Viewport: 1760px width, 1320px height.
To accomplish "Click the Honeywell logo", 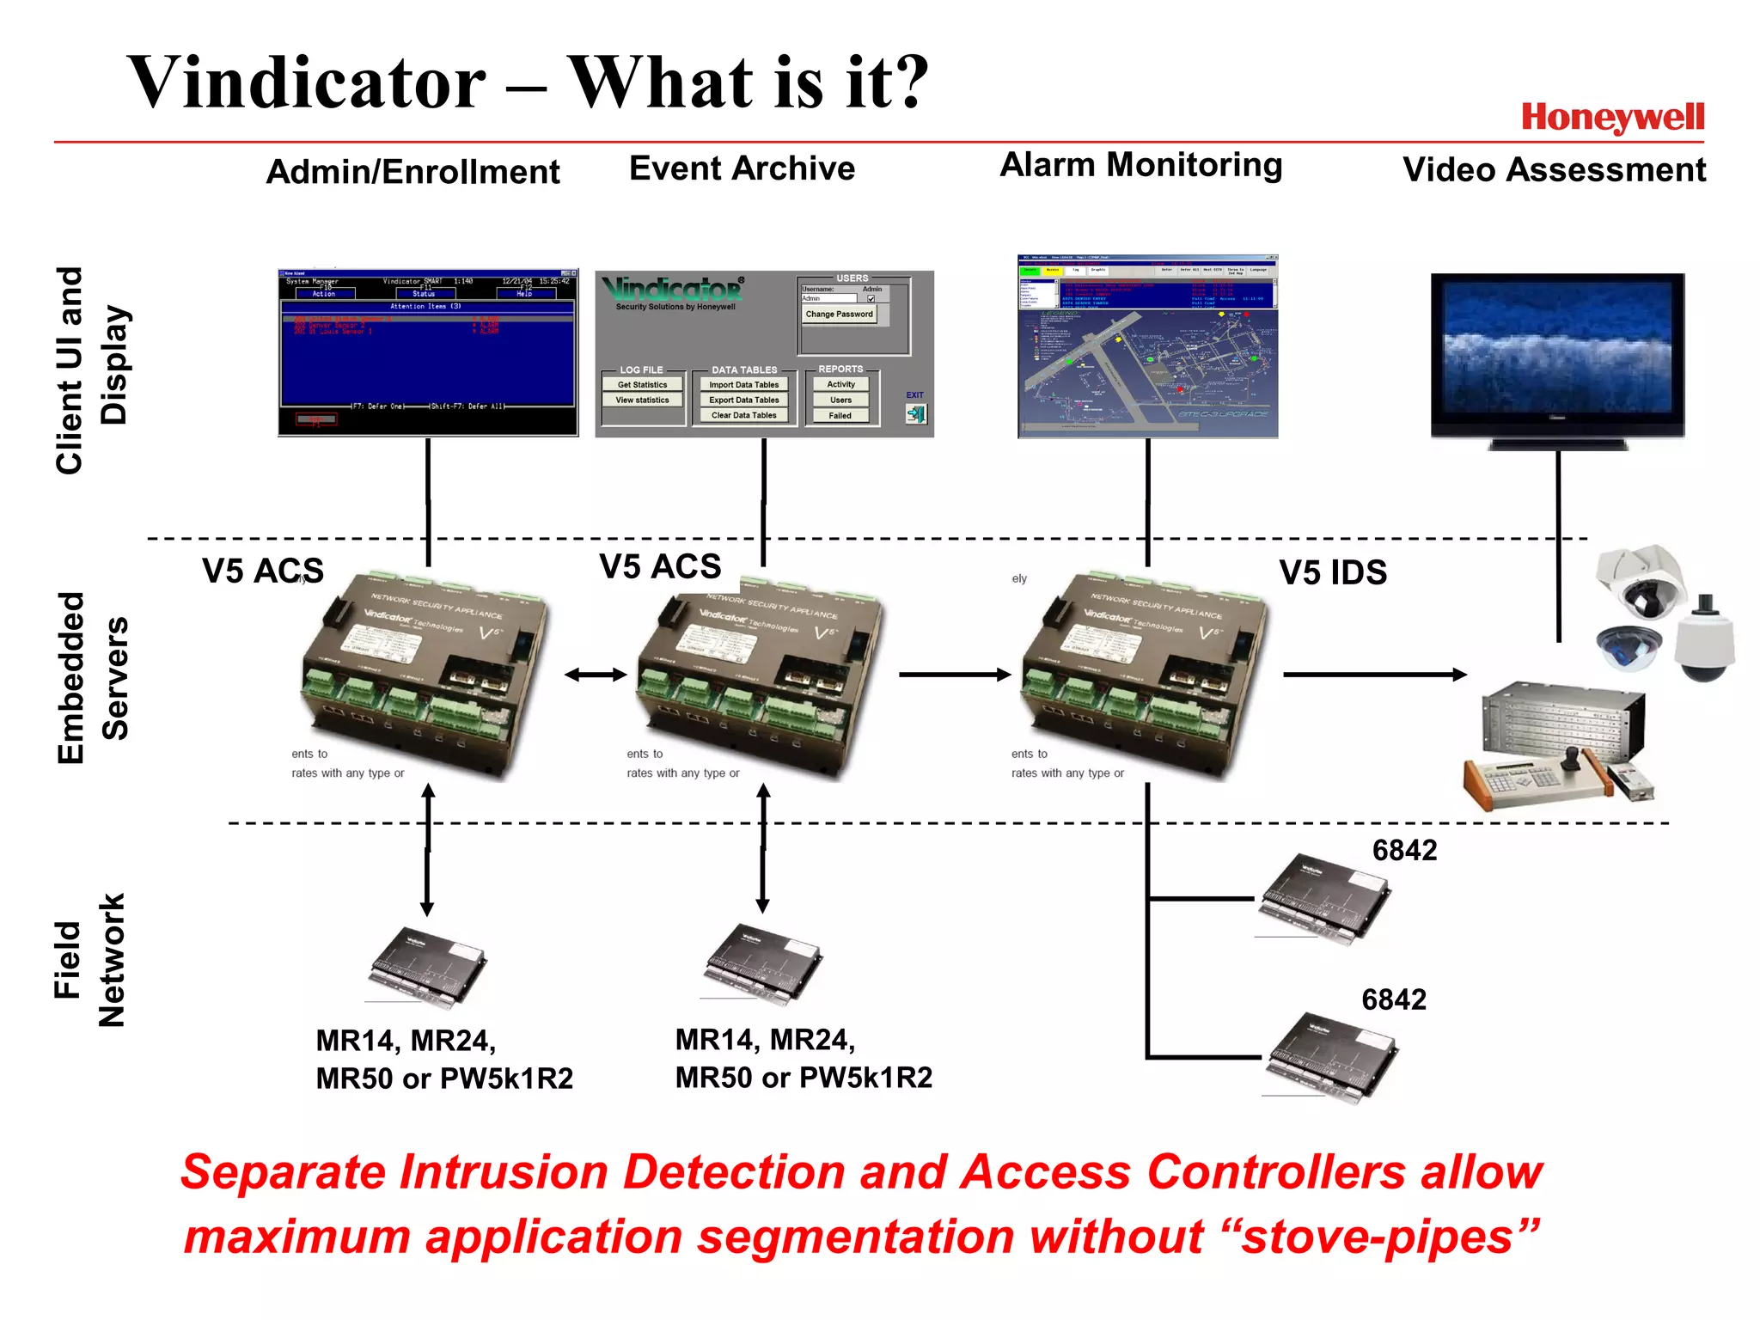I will [x=1612, y=118].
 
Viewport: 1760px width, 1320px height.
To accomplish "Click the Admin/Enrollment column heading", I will [x=412, y=172].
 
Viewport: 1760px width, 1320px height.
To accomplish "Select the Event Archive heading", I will [x=742, y=168].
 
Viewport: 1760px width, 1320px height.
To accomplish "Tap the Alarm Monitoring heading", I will [x=1140, y=165].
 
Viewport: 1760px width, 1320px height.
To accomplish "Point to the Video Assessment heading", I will [x=1554, y=170].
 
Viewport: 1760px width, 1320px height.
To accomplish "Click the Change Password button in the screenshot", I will [x=839, y=315].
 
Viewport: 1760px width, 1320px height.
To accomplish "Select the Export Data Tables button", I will [x=744, y=400].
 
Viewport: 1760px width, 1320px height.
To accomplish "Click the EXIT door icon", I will [x=916, y=414].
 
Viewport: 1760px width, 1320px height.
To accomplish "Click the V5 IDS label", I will [x=1333, y=573].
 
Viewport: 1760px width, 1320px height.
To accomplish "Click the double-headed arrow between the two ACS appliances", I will [x=596, y=675].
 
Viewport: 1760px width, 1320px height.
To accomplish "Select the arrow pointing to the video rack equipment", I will [x=1374, y=675].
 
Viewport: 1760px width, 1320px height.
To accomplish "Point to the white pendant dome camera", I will [x=1705, y=640].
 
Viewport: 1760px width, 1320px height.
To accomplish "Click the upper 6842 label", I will [x=1404, y=851].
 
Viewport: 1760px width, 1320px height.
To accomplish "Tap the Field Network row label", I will [x=89, y=960].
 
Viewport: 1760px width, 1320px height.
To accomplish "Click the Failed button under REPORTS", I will [x=840, y=416].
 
